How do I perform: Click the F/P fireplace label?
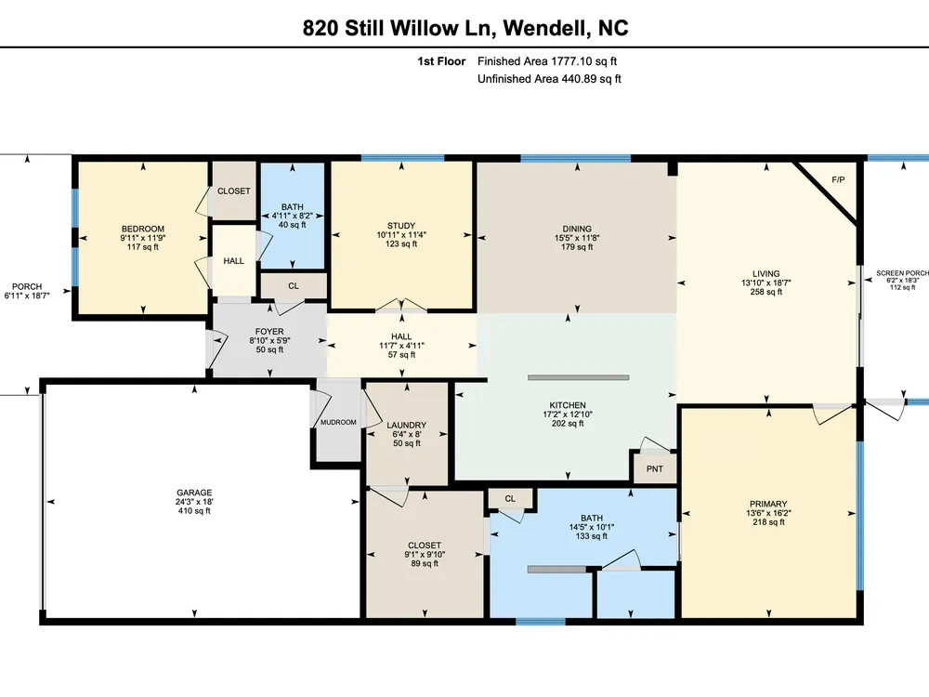point(838,179)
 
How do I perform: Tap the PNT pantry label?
point(655,468)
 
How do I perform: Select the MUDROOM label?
point(338,422)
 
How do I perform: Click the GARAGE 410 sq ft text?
point(194,511)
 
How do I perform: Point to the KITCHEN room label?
point(568,405)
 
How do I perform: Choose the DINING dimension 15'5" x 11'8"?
point(577,238)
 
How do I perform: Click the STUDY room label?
point(401,225)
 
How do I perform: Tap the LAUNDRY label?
point(407,425)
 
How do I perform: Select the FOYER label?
point(269,332)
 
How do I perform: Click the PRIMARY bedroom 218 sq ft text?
point(768,522)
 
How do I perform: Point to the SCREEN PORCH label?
point(902,273)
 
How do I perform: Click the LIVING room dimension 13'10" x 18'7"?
point(766,283)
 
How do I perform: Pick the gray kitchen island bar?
point(578,377)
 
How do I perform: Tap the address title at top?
point(465,28)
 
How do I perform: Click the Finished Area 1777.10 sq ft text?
point(547,61)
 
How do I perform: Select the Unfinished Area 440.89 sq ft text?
point(549,79)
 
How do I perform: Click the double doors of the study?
point(401,305)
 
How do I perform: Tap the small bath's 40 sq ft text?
point(292,225)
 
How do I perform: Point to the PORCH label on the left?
point(27,286)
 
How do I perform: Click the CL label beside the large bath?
point(510,498)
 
